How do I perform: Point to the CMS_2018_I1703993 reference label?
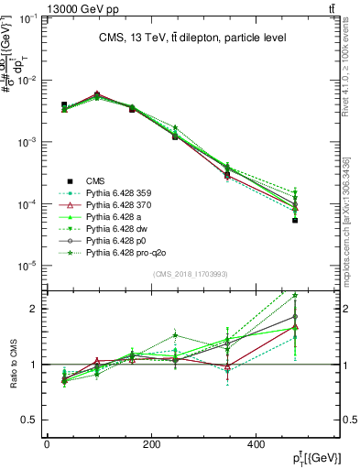pyautogui.click(x=191, y=274)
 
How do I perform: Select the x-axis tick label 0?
pyautogui.click(x=47, y=445)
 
